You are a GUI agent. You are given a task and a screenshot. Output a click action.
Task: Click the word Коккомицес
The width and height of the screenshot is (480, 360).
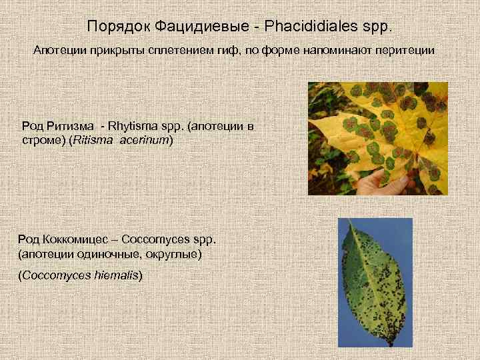(73, 239)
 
